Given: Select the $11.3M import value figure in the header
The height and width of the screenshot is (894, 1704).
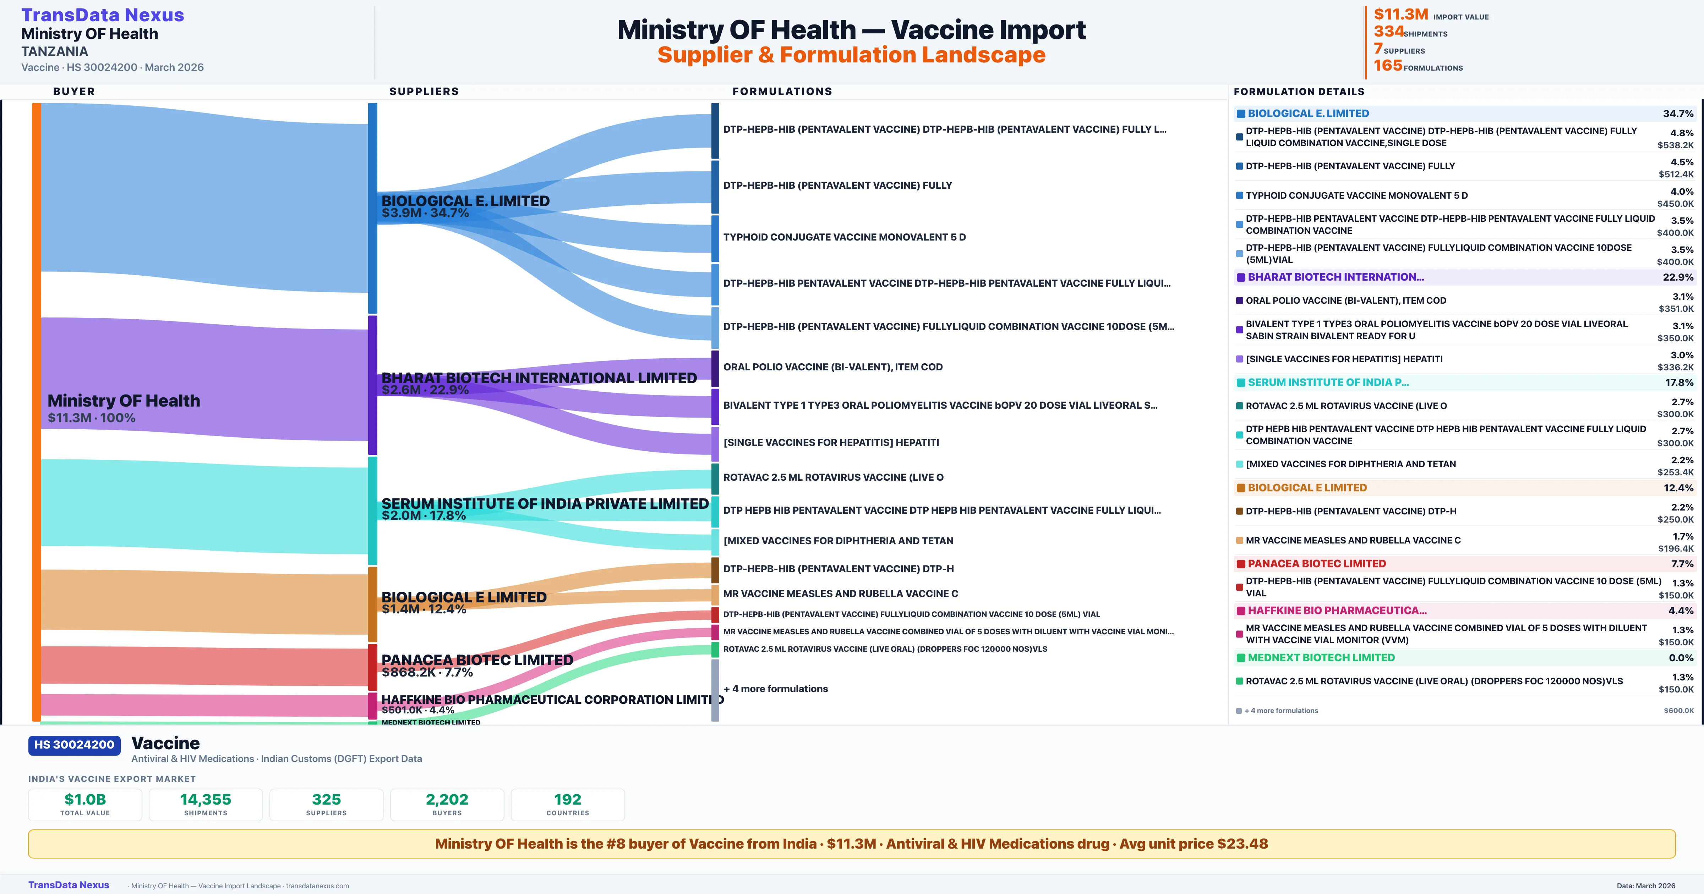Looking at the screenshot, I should (1400, 15).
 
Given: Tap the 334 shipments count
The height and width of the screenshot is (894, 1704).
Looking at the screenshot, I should (1388, 32).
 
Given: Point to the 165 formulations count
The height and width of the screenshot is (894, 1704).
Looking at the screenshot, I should (1388, 66).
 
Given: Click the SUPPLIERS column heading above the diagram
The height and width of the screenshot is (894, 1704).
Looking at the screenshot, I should (424, 91).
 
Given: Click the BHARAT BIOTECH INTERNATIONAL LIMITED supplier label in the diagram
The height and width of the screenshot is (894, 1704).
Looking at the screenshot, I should (539, 378).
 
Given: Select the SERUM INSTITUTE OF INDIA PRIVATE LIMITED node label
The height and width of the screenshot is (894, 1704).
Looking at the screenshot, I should (545, 504).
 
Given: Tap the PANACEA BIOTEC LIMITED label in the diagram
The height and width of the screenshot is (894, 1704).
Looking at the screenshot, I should (477, 660).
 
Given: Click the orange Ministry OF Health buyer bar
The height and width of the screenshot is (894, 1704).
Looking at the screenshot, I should (36, 410).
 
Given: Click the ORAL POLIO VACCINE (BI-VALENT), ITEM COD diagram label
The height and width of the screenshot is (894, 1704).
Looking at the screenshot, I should (833, 367).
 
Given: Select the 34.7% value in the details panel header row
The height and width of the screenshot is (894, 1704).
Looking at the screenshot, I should (1677, 114).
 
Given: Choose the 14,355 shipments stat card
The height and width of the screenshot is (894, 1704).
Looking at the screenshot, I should (206, 805).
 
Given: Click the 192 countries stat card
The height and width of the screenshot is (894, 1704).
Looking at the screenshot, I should (568, 805).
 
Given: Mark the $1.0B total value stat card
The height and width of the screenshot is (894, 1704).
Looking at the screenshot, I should (85, 805).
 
